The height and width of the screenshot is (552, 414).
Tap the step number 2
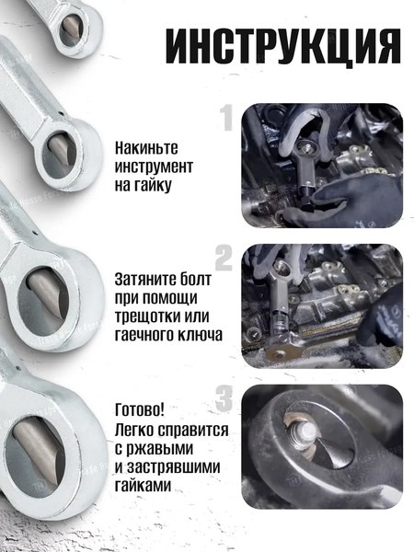point(224,255)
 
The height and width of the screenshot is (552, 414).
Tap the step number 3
point(224,398)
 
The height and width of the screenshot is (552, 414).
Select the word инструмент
point(155,166)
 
